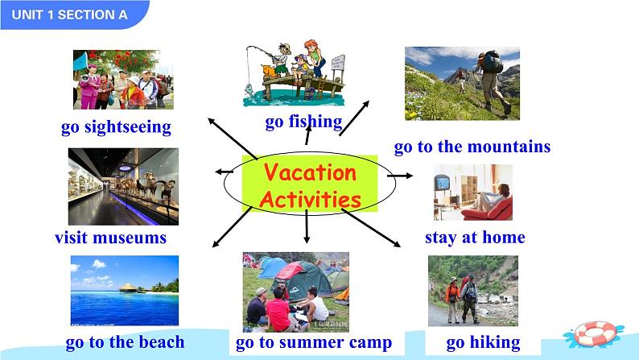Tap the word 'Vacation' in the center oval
point(310,173)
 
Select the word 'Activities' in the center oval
point(310,198)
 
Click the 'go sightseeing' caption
point(116,126)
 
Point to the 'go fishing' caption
point(303,122)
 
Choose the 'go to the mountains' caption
point(472,147)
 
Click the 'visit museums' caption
point(110,238)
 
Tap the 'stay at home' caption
point(474,237)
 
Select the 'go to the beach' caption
point(125,341)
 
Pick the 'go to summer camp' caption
point(313,342)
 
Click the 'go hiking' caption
point(483,342)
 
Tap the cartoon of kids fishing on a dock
point(295,75)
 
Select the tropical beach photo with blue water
point(124,290)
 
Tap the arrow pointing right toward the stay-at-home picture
point(400,175)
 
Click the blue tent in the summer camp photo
point(273,267)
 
